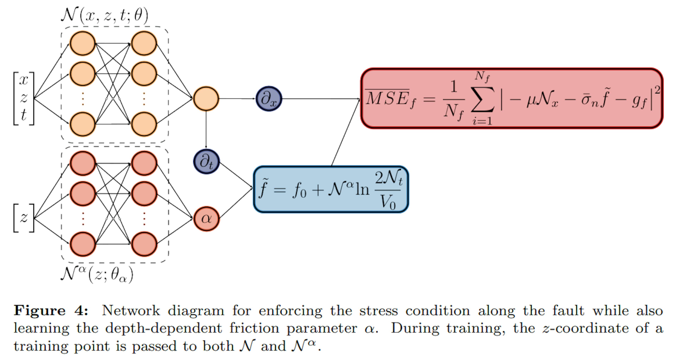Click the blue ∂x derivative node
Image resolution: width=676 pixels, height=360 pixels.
pos(269,99)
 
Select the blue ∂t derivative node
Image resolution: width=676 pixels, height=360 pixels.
pos(206,162)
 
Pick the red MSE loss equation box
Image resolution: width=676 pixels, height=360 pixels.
pos(512,98)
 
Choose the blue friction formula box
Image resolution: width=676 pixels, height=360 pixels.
pos(331,189)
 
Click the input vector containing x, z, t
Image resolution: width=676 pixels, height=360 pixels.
pos(24,98)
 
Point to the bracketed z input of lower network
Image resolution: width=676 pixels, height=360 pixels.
pos(24,218)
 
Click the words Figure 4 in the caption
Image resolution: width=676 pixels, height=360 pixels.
pos(51,311)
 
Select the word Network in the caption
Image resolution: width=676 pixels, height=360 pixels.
pos(131,311)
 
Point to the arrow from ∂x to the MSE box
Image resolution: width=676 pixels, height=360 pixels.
pos(320,99)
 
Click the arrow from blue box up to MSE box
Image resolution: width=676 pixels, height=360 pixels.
pos(345,133)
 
